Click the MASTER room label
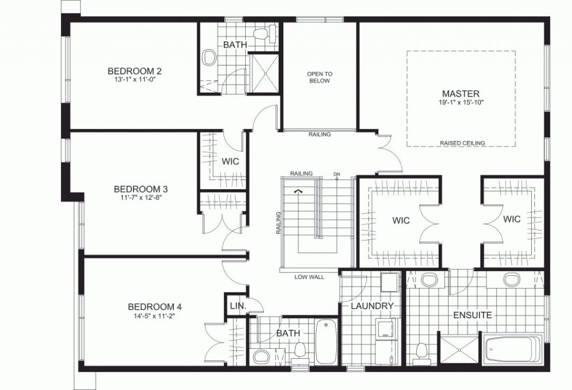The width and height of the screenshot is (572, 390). click(461, 94)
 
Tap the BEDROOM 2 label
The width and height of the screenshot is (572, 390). click(135, 71)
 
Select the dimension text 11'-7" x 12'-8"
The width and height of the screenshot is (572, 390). click(140, 198)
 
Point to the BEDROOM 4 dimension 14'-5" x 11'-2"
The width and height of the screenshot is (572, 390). click(155, 316)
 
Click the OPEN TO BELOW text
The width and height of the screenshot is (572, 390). click(320, 77)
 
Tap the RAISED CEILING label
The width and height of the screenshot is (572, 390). click(462, 143)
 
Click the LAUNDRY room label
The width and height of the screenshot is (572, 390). click(372, 306)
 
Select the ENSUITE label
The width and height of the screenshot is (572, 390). click(473, 315)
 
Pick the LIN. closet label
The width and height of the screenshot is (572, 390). click(238, 306)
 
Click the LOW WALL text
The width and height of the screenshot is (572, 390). click(309, 277)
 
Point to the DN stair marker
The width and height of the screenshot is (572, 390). click(337, 174)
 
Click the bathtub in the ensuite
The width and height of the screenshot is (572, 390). click(513, 349)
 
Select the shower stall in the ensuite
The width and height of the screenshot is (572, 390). click(459, 349)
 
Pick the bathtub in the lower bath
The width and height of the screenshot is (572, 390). click(326, 341)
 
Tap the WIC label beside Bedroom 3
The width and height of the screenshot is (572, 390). click(230, 161)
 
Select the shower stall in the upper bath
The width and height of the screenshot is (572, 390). click(265, 73)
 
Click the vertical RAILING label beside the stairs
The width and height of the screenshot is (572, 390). click(278, 222)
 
